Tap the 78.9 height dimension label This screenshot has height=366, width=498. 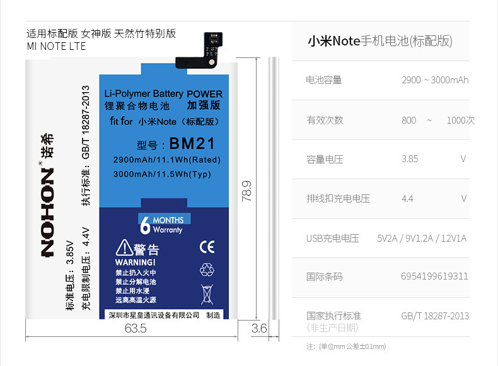tap(246, 192)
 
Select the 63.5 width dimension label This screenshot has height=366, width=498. tap(135, 329)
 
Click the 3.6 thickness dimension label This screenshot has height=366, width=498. tap(259, 329)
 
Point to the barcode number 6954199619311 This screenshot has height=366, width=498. tap(434, 276)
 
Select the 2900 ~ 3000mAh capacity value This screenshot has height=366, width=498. tap(434, 80)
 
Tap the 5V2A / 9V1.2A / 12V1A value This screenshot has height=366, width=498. tap(422, 239)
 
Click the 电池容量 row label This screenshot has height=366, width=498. tap(324, 80)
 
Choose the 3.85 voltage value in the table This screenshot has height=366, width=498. tap(410, 159)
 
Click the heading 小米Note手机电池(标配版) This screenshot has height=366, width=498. tap(379, 42)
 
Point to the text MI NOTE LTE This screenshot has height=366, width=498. tap(57, 47)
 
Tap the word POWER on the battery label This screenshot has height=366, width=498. tap(204, 94)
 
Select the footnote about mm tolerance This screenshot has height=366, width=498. tap(345, 346)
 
